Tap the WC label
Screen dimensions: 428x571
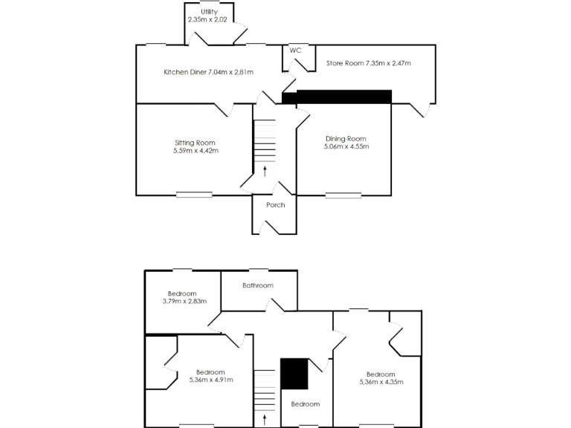coord(295,50)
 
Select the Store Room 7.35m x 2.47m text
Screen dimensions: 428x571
coord(369,63)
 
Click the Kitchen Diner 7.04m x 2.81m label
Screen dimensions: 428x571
coord(208,72)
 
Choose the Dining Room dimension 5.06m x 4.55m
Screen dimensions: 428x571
coord(346,146)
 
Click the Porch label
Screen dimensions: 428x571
coord(275,205)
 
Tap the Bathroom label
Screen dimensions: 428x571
coord(258,285)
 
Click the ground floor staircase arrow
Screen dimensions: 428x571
coord(265,171)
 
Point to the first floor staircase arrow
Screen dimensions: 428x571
coord(265,420)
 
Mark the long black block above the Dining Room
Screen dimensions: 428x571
coord(343,97)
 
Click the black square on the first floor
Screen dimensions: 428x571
coord(294,374)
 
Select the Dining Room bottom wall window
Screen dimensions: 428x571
coord(343,195)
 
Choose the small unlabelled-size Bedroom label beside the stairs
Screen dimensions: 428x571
coord(305,404)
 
